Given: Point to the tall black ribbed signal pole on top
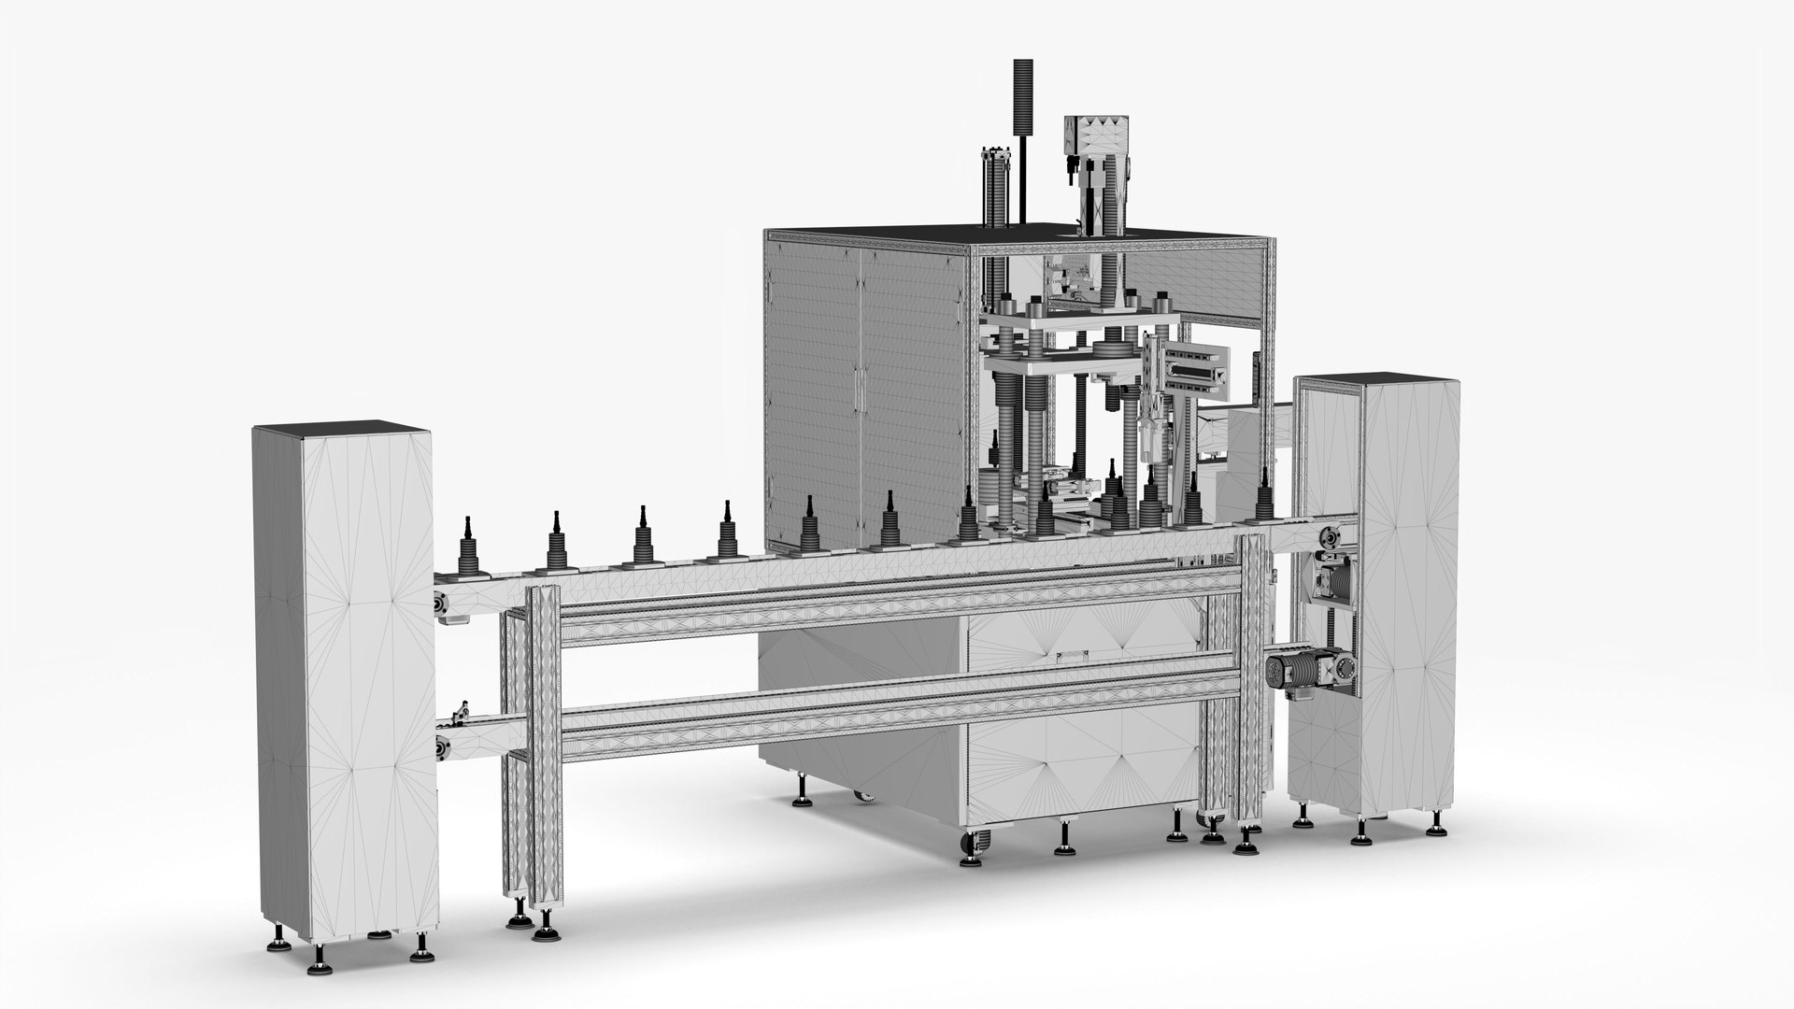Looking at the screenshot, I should pos(1025,107).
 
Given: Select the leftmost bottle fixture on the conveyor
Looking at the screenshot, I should pos(467,551).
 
